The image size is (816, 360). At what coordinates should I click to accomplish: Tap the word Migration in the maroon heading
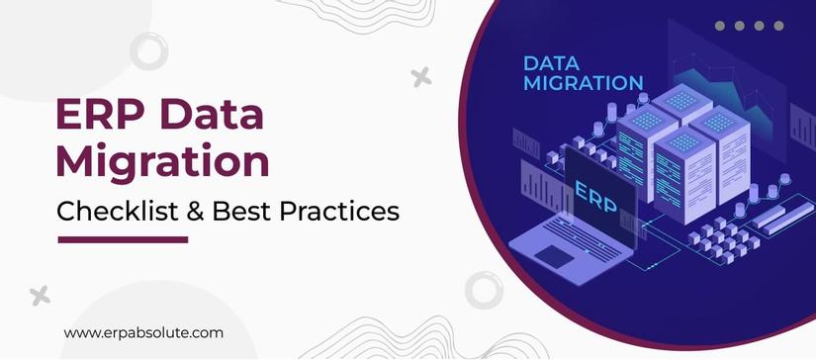160,161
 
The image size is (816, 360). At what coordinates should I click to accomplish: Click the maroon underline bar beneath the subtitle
123,238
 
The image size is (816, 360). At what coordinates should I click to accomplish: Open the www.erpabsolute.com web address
142,333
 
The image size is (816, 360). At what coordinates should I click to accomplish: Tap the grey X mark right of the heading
421,76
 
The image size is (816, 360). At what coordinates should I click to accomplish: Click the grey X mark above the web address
40,294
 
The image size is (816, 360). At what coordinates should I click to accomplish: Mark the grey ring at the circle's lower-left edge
483,289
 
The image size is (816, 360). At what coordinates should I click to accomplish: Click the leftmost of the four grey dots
720,27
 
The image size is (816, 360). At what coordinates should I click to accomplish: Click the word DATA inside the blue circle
551,63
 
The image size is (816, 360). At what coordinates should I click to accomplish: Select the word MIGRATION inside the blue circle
582,84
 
